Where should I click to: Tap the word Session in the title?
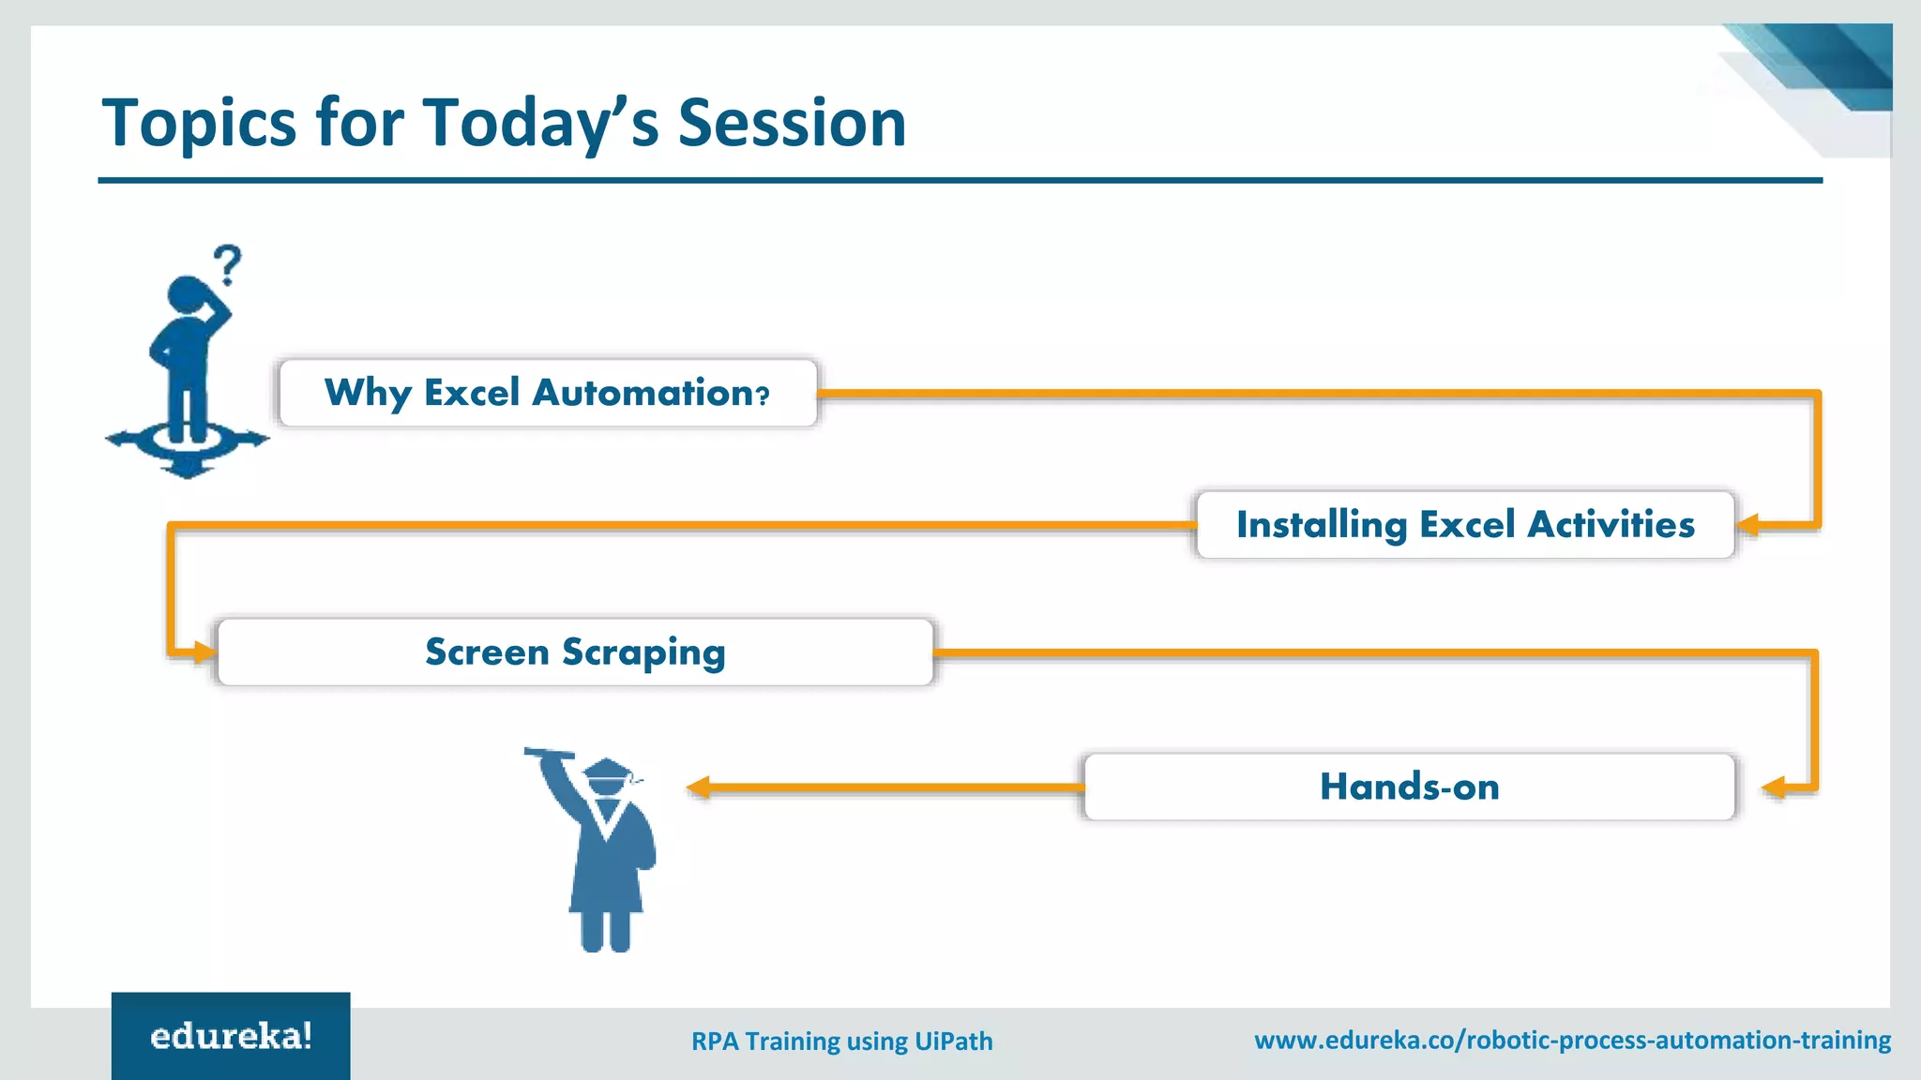(x=792, y=123)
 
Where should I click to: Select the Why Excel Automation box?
(x=549, y=393)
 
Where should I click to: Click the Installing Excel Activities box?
(x=1465, y=525)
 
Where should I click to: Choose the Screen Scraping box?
(x=575, y=652)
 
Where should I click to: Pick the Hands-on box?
(x=1409, y=787)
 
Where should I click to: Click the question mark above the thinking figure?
(x=227, y=265)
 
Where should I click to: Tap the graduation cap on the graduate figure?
(x=607, y=774)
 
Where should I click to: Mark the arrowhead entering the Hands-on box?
(x=1774, y=787)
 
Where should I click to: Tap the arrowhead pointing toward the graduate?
(x=698, y=787)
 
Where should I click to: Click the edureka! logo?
(x=231, y=1036)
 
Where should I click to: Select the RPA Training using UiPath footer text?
(x=841, y=1042)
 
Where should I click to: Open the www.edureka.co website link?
(x=1572, y=1040)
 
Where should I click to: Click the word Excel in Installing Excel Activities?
(x=1467, y=524)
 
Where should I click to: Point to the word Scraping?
(x=643, y=652)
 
